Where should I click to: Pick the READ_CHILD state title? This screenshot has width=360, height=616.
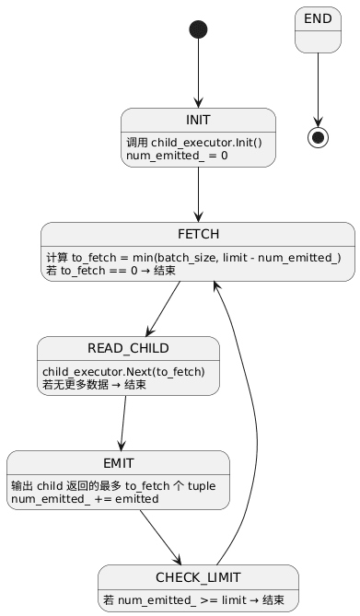pyautogui.click(x=128, y=348)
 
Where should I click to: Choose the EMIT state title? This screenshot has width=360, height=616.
pyautogui.click(x=118, y=462)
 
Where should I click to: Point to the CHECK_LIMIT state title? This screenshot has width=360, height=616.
pyautogui.click(x=198, y=576)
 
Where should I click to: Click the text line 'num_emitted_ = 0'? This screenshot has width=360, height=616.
pyautogui.click(x=170, y=156)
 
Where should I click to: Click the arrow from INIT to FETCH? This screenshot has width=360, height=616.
pyautogui.click(x=198, y=194)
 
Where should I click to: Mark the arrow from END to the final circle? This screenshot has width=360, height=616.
pyautogui.click(x=319, y=87)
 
